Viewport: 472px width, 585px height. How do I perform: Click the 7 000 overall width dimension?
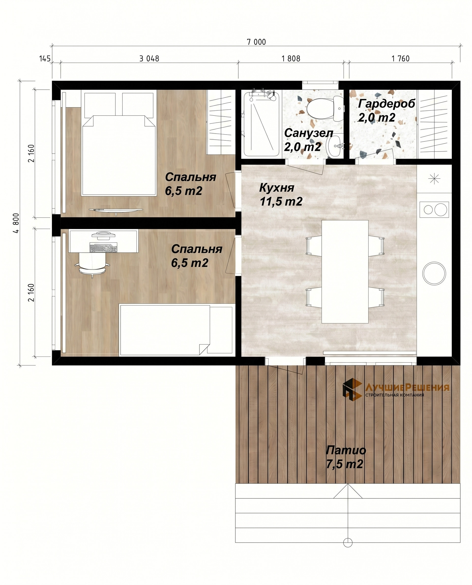pos(256,42)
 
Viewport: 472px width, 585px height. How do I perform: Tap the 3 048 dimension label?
pos(149,59)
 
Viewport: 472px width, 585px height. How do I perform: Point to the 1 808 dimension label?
pos(291,59)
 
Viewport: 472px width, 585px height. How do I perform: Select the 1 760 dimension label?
pos(400,59)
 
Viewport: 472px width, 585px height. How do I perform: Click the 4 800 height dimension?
pos(16,223)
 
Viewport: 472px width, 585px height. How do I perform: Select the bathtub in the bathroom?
pos(261,124)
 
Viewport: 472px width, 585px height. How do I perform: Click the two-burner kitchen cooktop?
pos(434,209)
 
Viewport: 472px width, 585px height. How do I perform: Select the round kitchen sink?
pos(434,274)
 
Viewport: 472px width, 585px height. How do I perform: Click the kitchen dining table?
pos(345,271)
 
